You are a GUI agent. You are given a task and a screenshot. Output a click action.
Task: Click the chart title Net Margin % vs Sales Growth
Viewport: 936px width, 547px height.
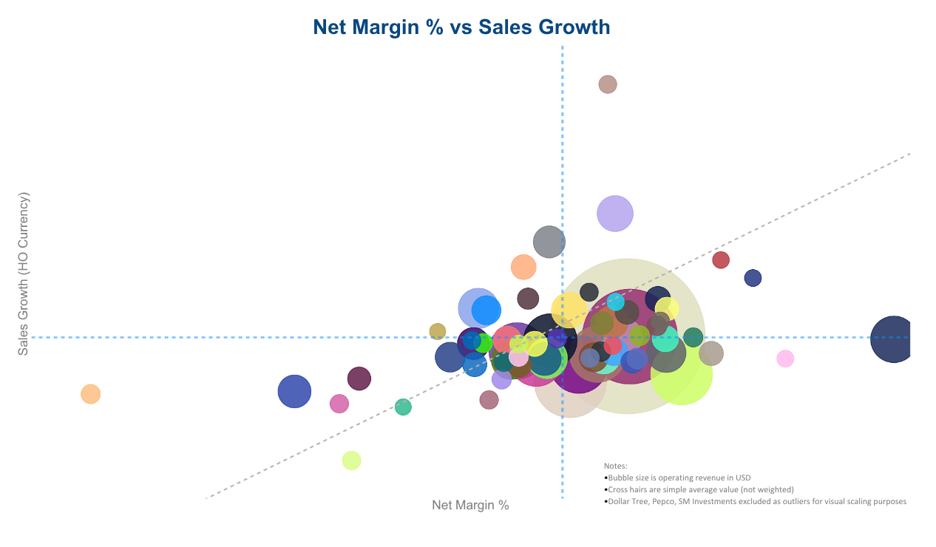click(461, 27)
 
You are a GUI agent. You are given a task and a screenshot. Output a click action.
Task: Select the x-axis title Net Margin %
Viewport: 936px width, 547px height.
click(470, 506)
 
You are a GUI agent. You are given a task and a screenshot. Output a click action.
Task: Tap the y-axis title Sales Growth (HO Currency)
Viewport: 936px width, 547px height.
click(24, 273)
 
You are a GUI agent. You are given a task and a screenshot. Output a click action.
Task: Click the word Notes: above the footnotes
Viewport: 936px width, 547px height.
click(615, 466)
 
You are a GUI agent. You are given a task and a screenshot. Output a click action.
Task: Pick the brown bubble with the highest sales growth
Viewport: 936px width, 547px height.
click(608, 84)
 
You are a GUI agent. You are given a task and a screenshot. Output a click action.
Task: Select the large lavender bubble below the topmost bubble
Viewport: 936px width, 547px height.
click(615, 214)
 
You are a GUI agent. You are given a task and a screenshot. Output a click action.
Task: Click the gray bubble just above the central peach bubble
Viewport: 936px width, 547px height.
click(549, 241)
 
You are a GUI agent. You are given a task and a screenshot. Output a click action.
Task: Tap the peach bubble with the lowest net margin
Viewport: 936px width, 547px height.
click(90, 394)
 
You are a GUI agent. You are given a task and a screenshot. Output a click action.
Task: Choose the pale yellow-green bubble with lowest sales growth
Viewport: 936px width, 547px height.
click(351, 460)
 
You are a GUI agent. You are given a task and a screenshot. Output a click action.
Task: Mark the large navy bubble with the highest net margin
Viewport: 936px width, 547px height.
click(893, 339)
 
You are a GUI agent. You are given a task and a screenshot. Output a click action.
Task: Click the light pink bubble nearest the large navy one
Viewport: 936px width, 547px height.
click(785, 359)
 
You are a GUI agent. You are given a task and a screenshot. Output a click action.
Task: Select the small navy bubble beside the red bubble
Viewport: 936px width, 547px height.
click(753, 278)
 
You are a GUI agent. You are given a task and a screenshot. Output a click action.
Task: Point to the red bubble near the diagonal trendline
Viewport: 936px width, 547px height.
click(721, 259)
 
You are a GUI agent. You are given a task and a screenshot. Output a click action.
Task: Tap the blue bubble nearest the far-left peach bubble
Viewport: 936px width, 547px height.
click(294, 391)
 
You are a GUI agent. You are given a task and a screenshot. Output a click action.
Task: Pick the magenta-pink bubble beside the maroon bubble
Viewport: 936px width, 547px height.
click(339, 404)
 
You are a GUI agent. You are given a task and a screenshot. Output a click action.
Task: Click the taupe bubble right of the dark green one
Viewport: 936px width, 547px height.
click(711, 353)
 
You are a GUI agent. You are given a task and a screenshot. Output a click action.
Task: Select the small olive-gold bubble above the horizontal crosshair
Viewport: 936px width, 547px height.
click(438, 331)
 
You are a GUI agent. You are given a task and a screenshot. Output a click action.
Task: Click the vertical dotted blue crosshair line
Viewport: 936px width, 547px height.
click(563, 148)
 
